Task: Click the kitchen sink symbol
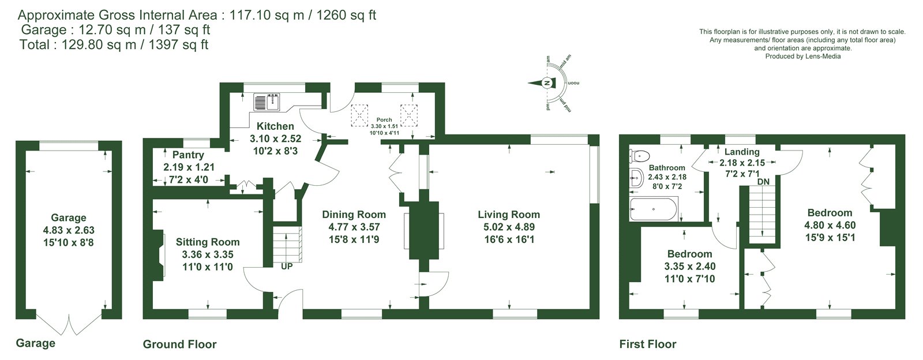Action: pos(267,102)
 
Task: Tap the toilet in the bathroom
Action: pos(640,156)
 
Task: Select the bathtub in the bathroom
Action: pos(654,209)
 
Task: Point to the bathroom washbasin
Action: pos(636,178)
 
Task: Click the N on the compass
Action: pos(547,83)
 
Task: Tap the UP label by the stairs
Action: pos(287,267)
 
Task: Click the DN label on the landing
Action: pos(763,182)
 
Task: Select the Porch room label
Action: pos(384,120)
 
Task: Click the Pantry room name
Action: pos(188,155)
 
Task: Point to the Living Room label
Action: pos(509,215)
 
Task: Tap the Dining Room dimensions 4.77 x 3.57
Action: pos(354,227)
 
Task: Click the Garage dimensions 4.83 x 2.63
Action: pos(69,230)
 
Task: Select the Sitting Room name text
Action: pos(208,242)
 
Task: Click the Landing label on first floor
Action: pos(742,152)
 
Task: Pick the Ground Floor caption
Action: pos(179,344)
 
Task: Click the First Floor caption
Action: pos(648,344)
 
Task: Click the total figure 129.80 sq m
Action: pos(99,44)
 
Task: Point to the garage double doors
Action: pos(69,325)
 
